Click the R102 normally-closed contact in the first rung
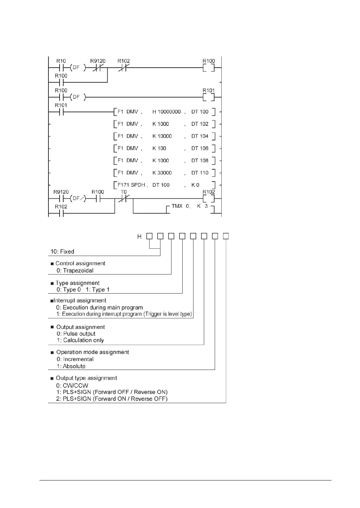pos(123,68)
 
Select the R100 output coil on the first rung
pos(209,68)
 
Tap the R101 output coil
pos(209,97)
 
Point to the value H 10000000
pos(167,112)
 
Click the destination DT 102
pos(200,124)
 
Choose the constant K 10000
pos(162,136)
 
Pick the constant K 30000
pos(162,173)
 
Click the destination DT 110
pos(200,173)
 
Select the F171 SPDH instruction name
pos(131,185)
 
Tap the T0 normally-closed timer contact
pos(123,199)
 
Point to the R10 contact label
pos(61,61)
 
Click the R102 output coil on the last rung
pos(209,199)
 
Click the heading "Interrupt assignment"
pos(80,301)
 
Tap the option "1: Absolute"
pos(71,366)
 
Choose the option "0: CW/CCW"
pos(72,386)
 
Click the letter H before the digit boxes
pos(139,237)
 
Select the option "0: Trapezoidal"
pos(75,271)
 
